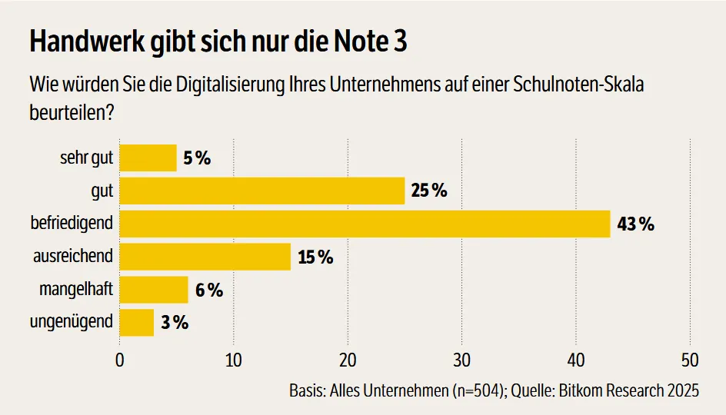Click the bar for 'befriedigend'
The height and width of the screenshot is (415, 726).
click(x=365, y=224)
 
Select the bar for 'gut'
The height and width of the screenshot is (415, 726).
click(x=262, y=191)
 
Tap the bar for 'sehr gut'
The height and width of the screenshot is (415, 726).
click(x=148, y=158)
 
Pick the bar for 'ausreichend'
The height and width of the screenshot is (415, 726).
click(x=205, y=257)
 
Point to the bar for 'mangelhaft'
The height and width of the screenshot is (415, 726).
click(x=154, y=290)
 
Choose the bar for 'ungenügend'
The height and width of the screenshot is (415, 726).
click(x=137, y=323)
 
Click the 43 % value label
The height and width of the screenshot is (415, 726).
click(x=635, y=224)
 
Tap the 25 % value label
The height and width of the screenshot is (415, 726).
click(x=429, y=191)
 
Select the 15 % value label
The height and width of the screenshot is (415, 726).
click(x=315, y=257)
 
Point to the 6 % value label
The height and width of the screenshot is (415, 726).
click(x=208, y=290)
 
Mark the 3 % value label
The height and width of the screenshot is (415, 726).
click(x=175, y=324)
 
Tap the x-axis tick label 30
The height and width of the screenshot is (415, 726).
click(x=461, y=360)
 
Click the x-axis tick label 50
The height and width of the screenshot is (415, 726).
click(x=690, y=360)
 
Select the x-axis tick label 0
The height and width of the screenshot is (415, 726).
click(x=120, y=360)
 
